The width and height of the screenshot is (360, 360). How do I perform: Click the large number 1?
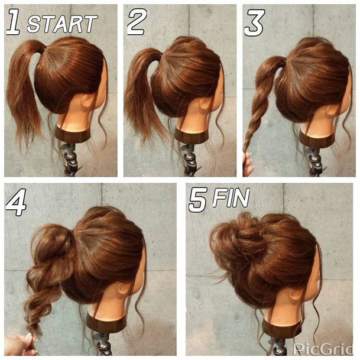14,22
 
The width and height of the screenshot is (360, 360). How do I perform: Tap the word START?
62,24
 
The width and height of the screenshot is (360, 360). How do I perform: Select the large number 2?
137,22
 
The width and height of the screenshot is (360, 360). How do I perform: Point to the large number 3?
254,22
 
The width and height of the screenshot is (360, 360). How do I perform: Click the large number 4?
15,203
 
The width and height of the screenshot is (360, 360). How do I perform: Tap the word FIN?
231,198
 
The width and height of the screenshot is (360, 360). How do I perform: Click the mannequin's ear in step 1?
88,100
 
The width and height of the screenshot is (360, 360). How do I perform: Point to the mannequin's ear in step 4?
124,288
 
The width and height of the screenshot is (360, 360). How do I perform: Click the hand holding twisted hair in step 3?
248,164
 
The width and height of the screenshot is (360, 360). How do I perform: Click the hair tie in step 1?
44,50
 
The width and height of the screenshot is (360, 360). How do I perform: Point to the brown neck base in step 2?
191,136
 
